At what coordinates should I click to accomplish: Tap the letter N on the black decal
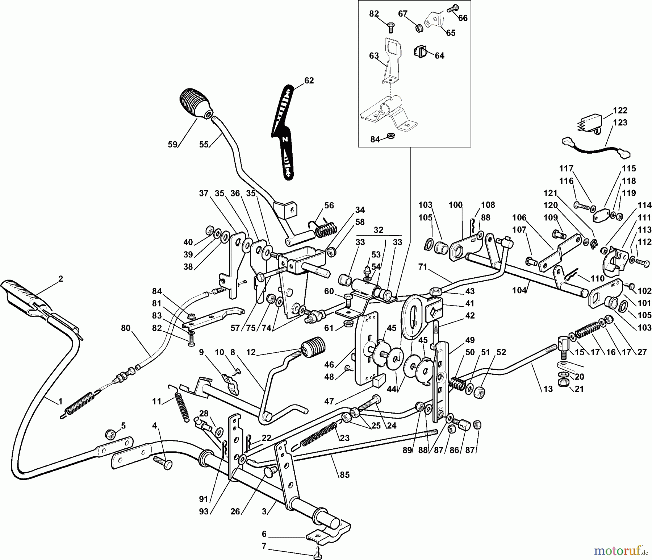click(x=285, y=139)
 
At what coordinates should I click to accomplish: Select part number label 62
click(x=309, y=80)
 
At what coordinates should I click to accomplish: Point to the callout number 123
click(x=620, y=123)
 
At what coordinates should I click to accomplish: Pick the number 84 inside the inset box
click(x=375, y=139)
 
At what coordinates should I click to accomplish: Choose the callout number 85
click(x=344, y=474)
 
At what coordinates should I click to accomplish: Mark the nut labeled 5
click(x=110, y=434)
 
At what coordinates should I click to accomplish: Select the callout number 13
click(x=548, y=389)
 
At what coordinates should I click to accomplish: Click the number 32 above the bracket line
click(x=378, y=230)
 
